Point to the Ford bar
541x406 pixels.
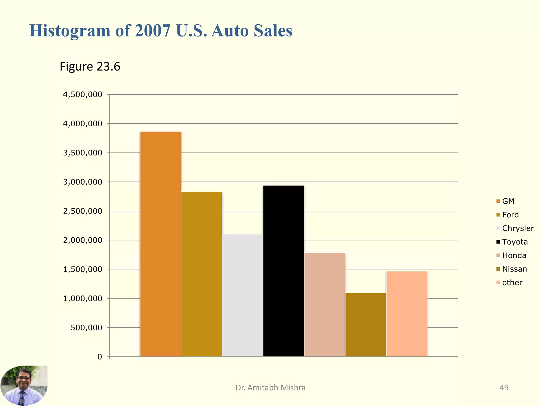tap(202, 274)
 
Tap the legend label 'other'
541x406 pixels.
tap(512, 283)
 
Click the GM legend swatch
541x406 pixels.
tap(498, 201)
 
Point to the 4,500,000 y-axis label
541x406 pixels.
tap(82, 95)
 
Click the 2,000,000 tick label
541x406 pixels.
tap(82, 240)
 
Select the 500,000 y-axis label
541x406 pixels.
tap(86, 328)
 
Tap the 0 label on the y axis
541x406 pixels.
tap(100, 357)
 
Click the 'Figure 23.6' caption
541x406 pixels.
tap(90, 66)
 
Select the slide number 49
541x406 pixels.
tap(504, 387)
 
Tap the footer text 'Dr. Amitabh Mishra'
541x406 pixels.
tap(270, 387)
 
